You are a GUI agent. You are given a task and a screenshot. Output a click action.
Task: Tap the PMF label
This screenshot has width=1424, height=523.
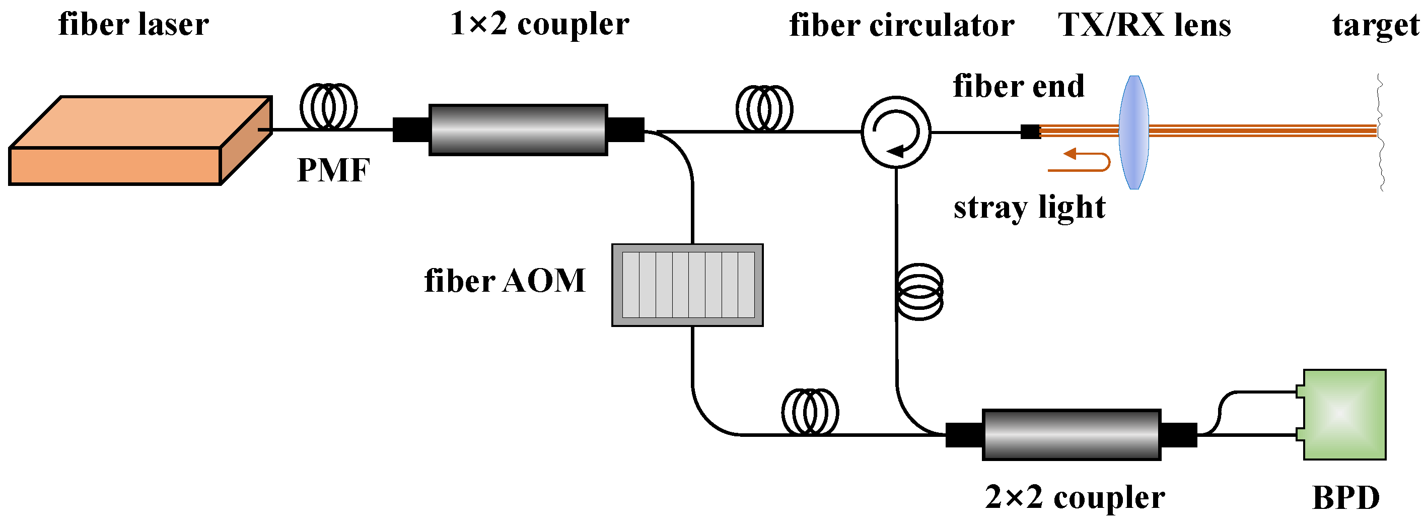pos(333,170)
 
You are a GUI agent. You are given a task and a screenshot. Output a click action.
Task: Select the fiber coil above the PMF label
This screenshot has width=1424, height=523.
pos(328,107)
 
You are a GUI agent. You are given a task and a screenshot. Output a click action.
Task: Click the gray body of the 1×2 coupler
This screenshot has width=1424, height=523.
pos(518,130)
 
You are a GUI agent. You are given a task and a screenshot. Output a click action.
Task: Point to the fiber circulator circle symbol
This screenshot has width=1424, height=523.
pos(895,132)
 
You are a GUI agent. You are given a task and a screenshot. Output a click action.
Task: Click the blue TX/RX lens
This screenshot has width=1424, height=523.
pos(1134,132)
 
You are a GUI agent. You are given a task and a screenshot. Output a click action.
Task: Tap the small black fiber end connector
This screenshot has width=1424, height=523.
pos(1030,132)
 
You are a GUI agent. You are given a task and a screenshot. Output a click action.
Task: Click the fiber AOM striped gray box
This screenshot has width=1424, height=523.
pos(687,285)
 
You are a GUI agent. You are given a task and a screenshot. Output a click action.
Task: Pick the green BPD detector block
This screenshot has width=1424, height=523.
pos(1344,415)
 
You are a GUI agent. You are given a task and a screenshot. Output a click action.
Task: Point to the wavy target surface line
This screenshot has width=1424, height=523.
pos(1380,133)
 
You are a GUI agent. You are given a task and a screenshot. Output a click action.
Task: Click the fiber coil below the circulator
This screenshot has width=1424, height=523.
pos(919,291)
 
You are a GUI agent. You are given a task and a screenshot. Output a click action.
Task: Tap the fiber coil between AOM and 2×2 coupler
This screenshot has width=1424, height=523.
pos(810,412)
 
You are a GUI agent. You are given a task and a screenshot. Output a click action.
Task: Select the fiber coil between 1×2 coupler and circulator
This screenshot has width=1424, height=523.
pos(764,108)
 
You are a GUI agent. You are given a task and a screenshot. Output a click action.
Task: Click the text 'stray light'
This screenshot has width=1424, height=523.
pos(1029,208)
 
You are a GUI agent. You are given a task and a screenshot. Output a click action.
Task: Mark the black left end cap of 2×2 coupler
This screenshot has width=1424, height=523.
pos(964,434)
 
